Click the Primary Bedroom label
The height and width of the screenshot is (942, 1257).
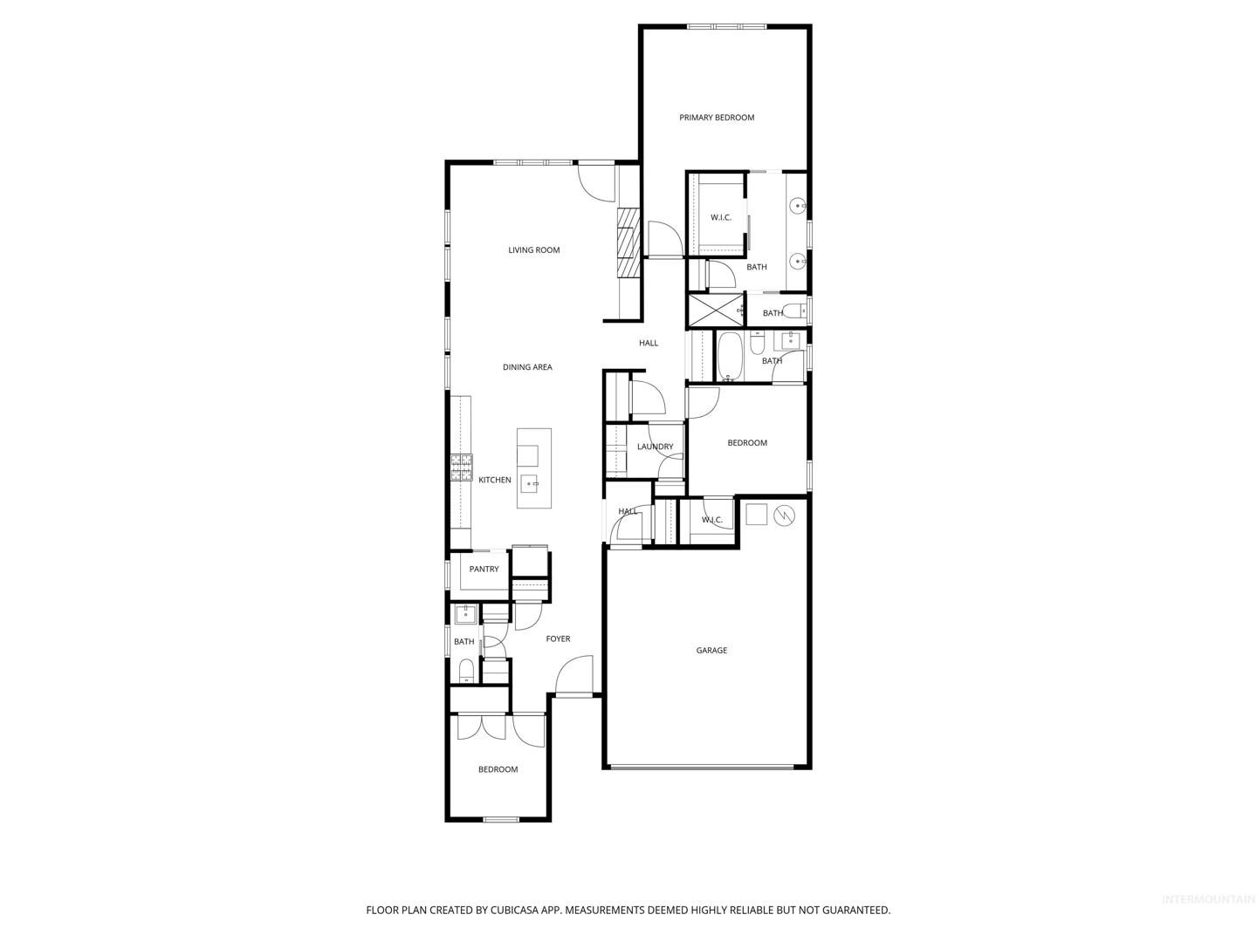tap(717, 118)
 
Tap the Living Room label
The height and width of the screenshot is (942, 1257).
tap(533, 250)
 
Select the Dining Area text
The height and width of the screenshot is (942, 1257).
tap(527, 367)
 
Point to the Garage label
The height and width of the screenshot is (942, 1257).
tap(711, 651)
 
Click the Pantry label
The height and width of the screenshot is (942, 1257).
tap(484, 569)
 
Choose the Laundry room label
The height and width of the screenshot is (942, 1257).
tap(656, 447)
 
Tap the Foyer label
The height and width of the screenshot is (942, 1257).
tap(558, 638)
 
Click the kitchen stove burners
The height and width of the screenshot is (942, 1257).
tap(461, 468)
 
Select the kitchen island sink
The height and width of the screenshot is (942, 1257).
tap(530, 484)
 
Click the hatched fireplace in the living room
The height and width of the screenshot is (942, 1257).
tap(628, 242)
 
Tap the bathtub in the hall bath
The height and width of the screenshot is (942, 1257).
tap(730, 357)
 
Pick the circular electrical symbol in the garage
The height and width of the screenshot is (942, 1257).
tap(785, 515)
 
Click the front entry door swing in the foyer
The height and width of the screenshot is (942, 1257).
tap(574, 675)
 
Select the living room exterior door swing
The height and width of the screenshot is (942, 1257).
tap(596, 183)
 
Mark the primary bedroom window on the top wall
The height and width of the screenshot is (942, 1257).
tap(726, 26)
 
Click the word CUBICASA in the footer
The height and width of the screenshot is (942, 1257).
tap(514, 910)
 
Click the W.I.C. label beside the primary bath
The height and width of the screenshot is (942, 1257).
tap(721, 218)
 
